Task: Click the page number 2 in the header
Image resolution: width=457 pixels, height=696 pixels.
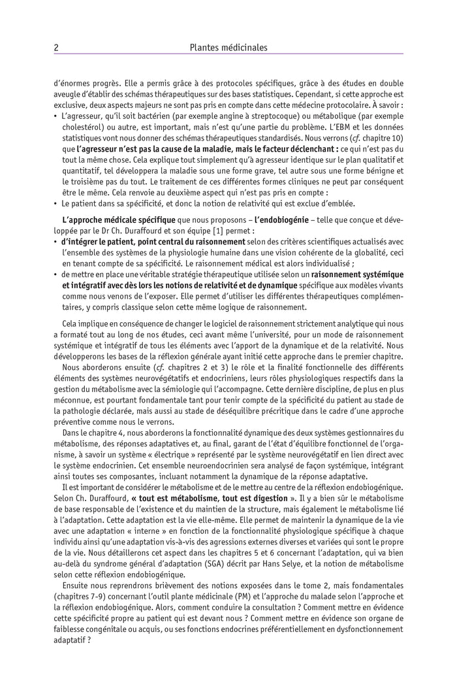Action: coord(55,47)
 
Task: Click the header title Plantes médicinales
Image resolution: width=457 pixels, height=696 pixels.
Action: coord(228,47)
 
